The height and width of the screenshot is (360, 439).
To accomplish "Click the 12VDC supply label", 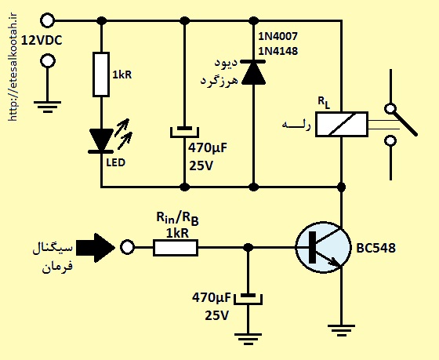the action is click(x=42, y=41).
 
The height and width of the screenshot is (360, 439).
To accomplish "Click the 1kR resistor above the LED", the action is click(x=101, y=75).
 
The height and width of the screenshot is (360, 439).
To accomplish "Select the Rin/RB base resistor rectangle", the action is click(x=176, y=248).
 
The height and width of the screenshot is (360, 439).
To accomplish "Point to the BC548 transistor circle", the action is click(x=323, y=248).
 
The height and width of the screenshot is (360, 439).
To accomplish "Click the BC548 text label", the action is click(x=376, y=248).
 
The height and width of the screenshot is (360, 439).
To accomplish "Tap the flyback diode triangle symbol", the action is click(x=253, y=72).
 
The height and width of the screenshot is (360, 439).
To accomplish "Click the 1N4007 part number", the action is click(x=278, y=36).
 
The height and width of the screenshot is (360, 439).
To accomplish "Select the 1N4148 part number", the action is click(x=278, y=51).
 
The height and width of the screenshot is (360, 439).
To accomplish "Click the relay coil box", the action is click(x=342, y=125).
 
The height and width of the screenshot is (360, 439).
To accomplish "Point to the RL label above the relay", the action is click(x=324, y=103).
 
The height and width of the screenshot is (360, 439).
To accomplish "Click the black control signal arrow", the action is click(x=96, y=248).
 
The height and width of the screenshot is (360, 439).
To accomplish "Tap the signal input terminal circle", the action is click(x=127, y=248).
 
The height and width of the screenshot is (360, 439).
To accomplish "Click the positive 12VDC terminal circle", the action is click(x=47, y=20).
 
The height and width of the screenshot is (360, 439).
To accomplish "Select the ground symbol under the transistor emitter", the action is click(x=341, y=330).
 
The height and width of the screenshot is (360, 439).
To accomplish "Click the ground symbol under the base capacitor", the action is click(x=248, y=339).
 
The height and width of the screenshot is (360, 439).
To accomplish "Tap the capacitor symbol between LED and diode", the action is click(x=184, y=132).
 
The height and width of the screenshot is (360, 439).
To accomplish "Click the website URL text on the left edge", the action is click(x=13, y=67).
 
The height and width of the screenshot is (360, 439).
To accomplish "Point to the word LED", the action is click(x=116, y=163).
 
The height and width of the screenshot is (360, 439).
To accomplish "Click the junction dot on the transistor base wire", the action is click(x=248, y=248).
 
